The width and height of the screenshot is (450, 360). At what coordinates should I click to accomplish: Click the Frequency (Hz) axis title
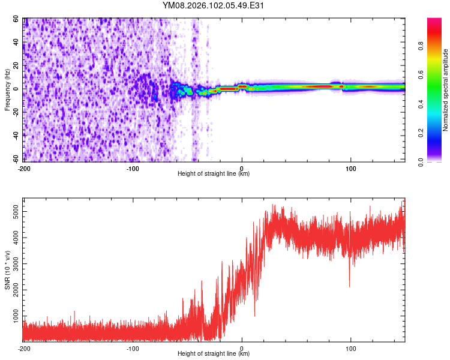point(7,89)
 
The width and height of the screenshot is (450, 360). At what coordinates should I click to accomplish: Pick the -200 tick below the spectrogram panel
point(24,168)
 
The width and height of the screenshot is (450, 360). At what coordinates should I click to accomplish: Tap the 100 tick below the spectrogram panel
point(350,168)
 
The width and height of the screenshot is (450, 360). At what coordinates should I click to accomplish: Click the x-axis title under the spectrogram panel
point(214,174)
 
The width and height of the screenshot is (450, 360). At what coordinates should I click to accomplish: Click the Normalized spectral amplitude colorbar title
point(446,89)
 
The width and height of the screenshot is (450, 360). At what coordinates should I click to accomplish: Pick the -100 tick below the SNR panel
point(133,348)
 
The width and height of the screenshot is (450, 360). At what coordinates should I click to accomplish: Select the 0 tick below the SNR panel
point(242,348)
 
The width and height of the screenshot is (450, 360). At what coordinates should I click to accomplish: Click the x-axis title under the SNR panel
point(214,354)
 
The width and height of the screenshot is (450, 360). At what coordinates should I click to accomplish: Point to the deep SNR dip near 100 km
point(350,286)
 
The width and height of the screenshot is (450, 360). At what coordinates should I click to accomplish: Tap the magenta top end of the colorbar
point(434,21)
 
